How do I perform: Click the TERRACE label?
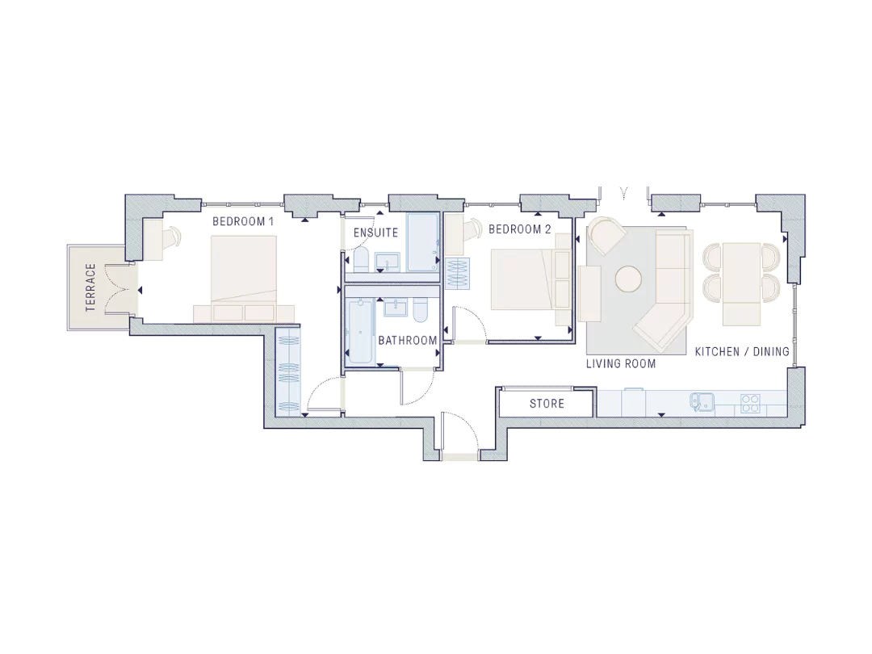[x=90, y=287]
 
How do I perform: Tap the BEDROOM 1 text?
[x=243, y=221]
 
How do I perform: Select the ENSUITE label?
[x=376, y=233]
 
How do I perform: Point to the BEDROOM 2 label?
[x=520, y=228]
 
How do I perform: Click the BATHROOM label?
[x=408, y=341]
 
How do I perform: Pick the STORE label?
[x=547, y=403]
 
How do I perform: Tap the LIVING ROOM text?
[x=621, y=363]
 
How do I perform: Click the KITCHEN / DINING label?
[x=743, y=351]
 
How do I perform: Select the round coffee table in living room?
[x=629, y=279]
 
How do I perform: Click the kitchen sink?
[x=702, y=403]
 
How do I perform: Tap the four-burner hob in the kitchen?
[x=750, y=403]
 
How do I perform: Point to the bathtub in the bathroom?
[x=360, y=332]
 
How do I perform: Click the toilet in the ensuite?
[x=361, y=260]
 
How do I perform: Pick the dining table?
[x=741, y=283]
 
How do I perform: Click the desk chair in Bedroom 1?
[x=174, y=235]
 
